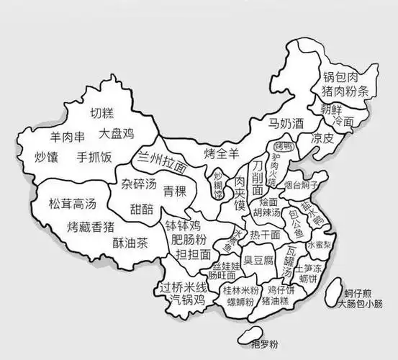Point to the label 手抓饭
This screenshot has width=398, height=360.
click(x=95, y=156)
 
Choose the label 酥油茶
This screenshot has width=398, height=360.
click(x=130, y=243)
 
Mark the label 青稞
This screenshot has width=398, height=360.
click(x=175, y=191)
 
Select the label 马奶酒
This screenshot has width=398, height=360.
click(x=286, y=123)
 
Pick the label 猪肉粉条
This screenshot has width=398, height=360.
click(x=348, y=91)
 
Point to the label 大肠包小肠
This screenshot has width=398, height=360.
click(x=362, y=303)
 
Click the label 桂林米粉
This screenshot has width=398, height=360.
click(x=240, y=289)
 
